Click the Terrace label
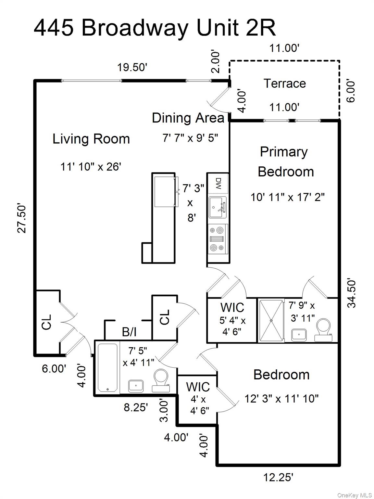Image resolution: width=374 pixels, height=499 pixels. pos(284,83)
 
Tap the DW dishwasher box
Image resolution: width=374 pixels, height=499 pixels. pos(218,184)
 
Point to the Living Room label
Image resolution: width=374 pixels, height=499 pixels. pos(91,139)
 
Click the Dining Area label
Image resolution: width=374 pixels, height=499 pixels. pos(188,118)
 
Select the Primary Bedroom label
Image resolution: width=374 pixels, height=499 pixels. pos(285,162)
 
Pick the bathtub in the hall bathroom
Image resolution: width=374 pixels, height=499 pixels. pos(107,367)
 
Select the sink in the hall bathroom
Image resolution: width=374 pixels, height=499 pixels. pos(136,386)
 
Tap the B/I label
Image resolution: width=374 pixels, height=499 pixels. pos(129,332)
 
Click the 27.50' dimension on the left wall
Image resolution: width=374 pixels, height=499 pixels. pos(22,218)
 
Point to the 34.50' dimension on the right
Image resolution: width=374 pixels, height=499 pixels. pos(352,293)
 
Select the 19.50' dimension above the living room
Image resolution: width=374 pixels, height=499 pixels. pos(132,68)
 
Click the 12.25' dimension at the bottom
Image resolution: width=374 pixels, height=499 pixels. pos(278,477)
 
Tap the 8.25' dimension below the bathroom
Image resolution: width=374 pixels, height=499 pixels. pos(136,407)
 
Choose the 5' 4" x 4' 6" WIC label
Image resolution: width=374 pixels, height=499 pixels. pos(232,320)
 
